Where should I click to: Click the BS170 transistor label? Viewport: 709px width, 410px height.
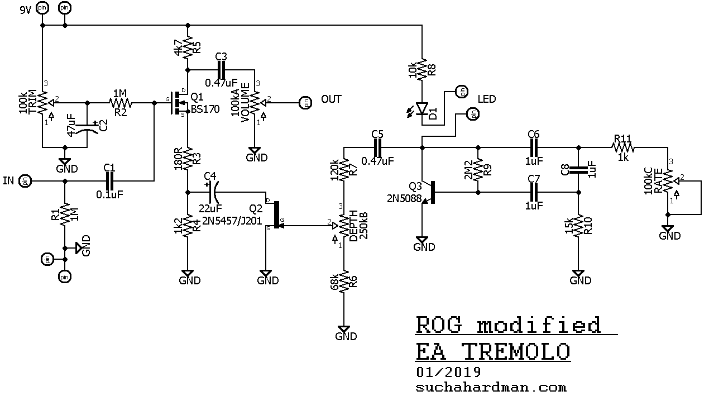[205, 109]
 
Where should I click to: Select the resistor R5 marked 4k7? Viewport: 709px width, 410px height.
[188, 46]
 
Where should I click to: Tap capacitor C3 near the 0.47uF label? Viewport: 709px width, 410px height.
[221, 69]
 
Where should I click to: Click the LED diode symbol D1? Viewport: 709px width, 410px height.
[422, 108]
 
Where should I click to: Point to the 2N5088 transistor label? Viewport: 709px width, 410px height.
[404, 198]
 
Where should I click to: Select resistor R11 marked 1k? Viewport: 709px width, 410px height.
[622, 147]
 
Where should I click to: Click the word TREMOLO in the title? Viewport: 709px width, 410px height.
[516, 352]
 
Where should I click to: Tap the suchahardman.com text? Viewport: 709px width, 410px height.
[491, 387]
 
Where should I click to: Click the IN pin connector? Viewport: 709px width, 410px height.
[25, 181]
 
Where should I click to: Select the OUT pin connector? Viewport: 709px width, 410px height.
[305, 103]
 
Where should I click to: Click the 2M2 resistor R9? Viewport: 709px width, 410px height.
[478, 170]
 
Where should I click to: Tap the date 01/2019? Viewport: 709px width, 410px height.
[448, 371]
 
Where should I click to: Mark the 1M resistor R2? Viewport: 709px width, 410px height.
[120, 103]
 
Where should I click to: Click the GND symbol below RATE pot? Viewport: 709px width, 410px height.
[668, 231]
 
